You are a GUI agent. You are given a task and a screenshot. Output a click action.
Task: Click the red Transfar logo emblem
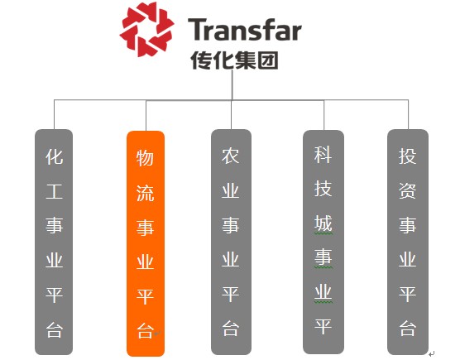[x=147, y=29]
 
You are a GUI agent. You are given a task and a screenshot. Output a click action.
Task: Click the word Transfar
[x=245, y=30]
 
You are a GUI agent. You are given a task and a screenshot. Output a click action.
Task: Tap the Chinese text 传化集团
[x=234, y=60]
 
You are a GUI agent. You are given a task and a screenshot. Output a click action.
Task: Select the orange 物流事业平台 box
[x=146, y=243]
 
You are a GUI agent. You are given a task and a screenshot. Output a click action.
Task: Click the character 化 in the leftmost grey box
[x=55, y=156]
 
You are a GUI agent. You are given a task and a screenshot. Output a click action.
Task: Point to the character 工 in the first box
[x=55, y=191]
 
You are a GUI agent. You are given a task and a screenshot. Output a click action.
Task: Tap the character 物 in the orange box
[x=145, y=158]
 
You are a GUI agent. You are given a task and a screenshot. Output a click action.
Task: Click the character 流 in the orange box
[x=145, y=193]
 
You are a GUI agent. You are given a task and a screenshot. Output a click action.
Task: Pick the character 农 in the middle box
[x=231, y=156]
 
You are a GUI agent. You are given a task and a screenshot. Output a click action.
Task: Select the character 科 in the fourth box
[x=323, y=155]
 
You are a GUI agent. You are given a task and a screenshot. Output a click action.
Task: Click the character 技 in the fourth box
[x=323, y=189]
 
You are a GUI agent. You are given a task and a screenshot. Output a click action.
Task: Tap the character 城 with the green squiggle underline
[x=323, y=223]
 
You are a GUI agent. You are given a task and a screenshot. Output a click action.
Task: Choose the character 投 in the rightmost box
[x=408, y=156]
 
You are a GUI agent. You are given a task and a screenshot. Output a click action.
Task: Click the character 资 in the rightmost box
[x=408, y=190]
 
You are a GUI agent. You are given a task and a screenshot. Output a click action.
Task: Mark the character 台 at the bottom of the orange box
[x=145, y=331]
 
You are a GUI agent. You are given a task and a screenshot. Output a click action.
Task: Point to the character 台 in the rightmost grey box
[x=408, y=328]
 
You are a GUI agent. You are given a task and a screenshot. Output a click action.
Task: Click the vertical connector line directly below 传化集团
[x=232, y=84]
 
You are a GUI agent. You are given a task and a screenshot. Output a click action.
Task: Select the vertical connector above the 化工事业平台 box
[x=54, y=114]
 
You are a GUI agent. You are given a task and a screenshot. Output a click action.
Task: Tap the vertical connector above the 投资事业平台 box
[x=408, y=114]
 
